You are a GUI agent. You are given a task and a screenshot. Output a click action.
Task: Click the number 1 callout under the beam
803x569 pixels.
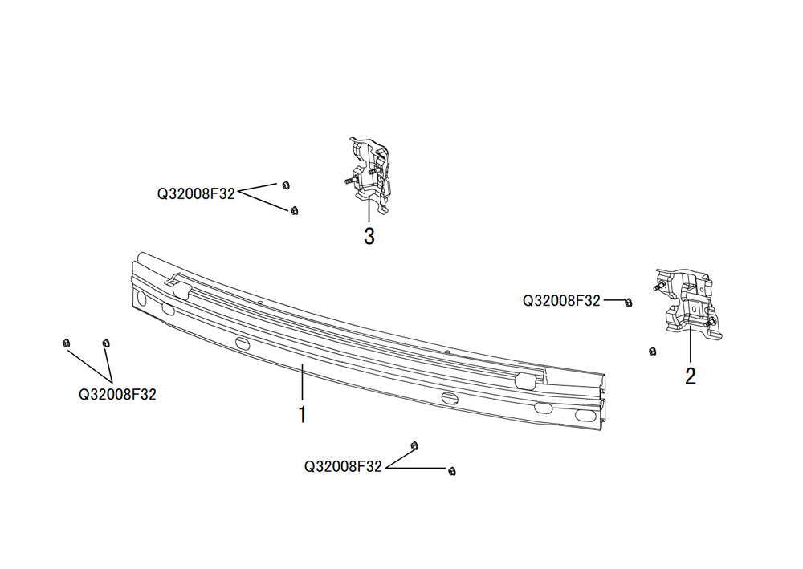(303, 414)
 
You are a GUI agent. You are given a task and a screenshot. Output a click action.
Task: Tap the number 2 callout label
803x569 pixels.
(691, 376)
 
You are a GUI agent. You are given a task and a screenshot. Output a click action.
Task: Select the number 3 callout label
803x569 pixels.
(369, 237)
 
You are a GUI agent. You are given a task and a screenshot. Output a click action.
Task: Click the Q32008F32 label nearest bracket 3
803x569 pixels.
(196, 194)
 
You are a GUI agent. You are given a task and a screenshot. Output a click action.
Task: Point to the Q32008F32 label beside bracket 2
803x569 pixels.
(561, 300)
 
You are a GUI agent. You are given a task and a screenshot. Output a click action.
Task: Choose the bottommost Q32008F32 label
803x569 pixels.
(343, 466)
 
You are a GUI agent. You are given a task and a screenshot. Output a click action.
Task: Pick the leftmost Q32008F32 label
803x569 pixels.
(117, 395)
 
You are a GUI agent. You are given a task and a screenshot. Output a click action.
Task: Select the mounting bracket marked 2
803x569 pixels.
(689, 302)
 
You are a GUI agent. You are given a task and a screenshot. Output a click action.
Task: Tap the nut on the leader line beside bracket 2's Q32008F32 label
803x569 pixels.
(629, 303)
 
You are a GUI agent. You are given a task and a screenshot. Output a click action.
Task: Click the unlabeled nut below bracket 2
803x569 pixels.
(652, 351)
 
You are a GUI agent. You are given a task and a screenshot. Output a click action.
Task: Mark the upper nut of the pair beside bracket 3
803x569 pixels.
(286, 185)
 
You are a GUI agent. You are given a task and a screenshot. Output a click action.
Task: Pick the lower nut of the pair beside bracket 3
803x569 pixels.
(294, 210)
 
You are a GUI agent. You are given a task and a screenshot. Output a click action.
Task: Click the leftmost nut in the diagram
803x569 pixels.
(66, 343)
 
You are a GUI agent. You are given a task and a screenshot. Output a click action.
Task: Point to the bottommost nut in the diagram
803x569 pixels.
(451, 471)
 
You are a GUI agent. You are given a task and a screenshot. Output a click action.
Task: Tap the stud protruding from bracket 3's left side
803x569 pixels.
(349, 181)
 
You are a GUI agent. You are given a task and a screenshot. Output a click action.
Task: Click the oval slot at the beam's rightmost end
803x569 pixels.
(583, 415)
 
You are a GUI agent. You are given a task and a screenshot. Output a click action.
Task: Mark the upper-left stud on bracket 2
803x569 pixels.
(660, 287)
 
